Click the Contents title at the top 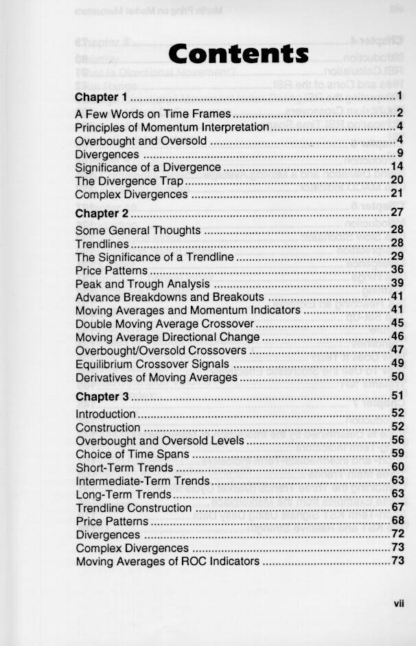pos(238,53)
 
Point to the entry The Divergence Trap pos(129,181)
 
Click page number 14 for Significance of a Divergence pos(397,167)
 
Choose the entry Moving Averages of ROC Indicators pos(167,562)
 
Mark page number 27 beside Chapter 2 pos(397,213)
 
